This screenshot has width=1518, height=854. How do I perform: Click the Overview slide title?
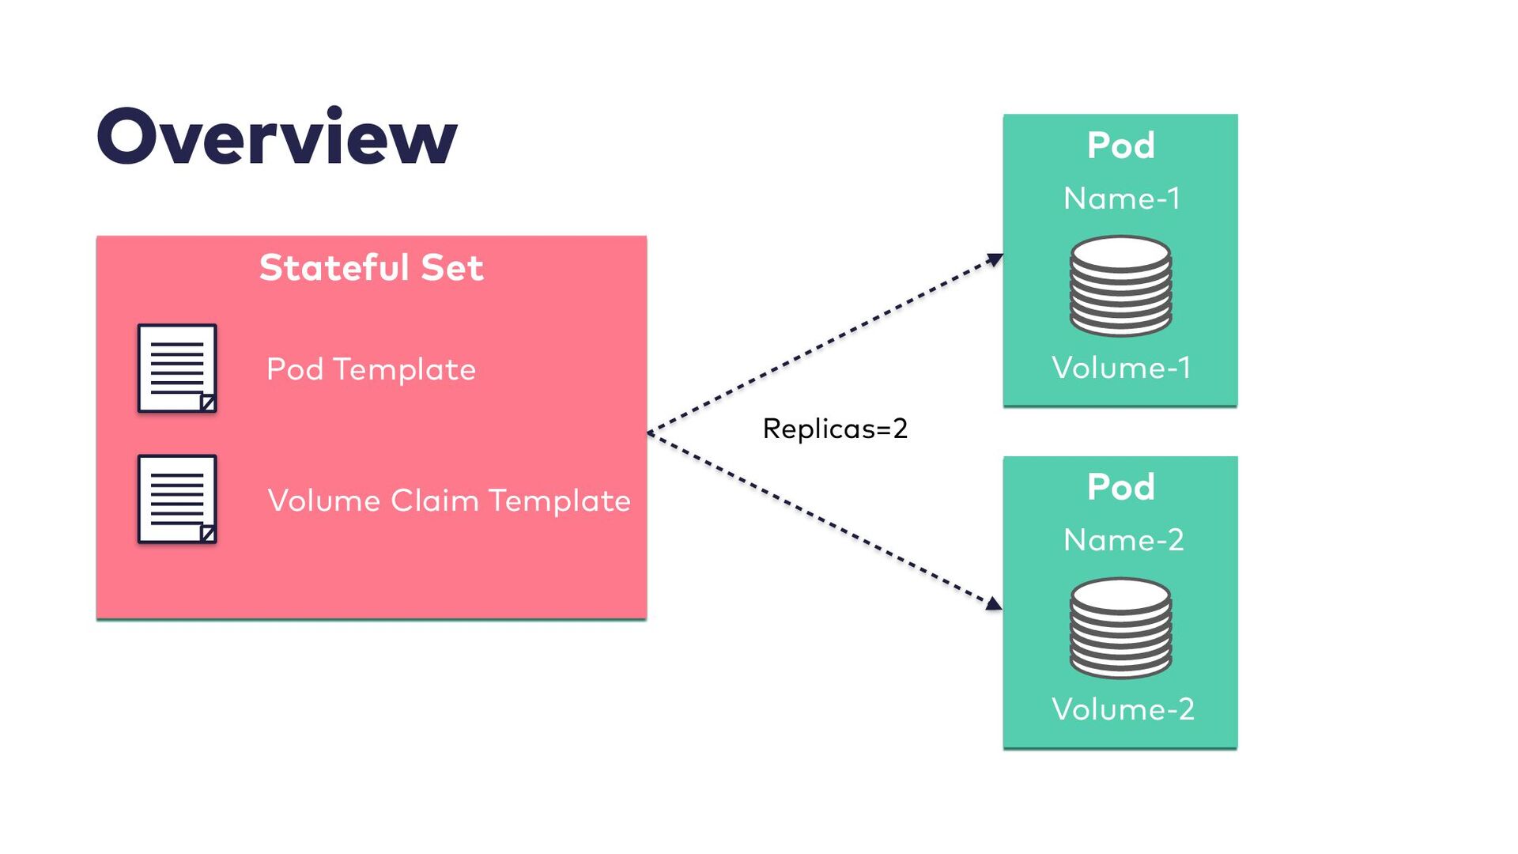[277, 136]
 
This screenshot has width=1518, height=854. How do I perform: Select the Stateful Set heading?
[372, 267]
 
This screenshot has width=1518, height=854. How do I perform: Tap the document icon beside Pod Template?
[177, 368]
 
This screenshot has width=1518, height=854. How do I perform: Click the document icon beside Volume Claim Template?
[177, 499]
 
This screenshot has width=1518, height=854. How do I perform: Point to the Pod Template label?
[371, 369]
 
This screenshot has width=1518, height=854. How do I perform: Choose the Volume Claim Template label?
[449, 501]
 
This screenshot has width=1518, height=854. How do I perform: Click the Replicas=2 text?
[835, 429]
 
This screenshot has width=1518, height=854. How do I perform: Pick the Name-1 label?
[1121, 198]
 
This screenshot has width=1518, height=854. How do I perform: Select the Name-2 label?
[1123, 540]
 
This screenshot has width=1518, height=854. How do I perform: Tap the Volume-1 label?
[1121, 368]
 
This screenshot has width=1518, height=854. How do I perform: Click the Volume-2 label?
[1123, 709]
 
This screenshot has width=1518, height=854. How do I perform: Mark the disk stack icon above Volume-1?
[1121, 285]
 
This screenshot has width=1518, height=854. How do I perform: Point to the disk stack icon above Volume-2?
[1121, 628]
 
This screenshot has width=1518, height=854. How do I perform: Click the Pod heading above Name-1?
[1121, 145]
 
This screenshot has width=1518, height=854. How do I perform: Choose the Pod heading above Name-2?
[1121, 487]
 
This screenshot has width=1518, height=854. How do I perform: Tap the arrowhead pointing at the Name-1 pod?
[995, 259]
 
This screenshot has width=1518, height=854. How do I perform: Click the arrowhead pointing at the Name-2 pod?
[995, 604]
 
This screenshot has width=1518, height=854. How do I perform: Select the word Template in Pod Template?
[404, 369]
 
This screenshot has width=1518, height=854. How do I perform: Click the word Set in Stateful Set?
[452, 267]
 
